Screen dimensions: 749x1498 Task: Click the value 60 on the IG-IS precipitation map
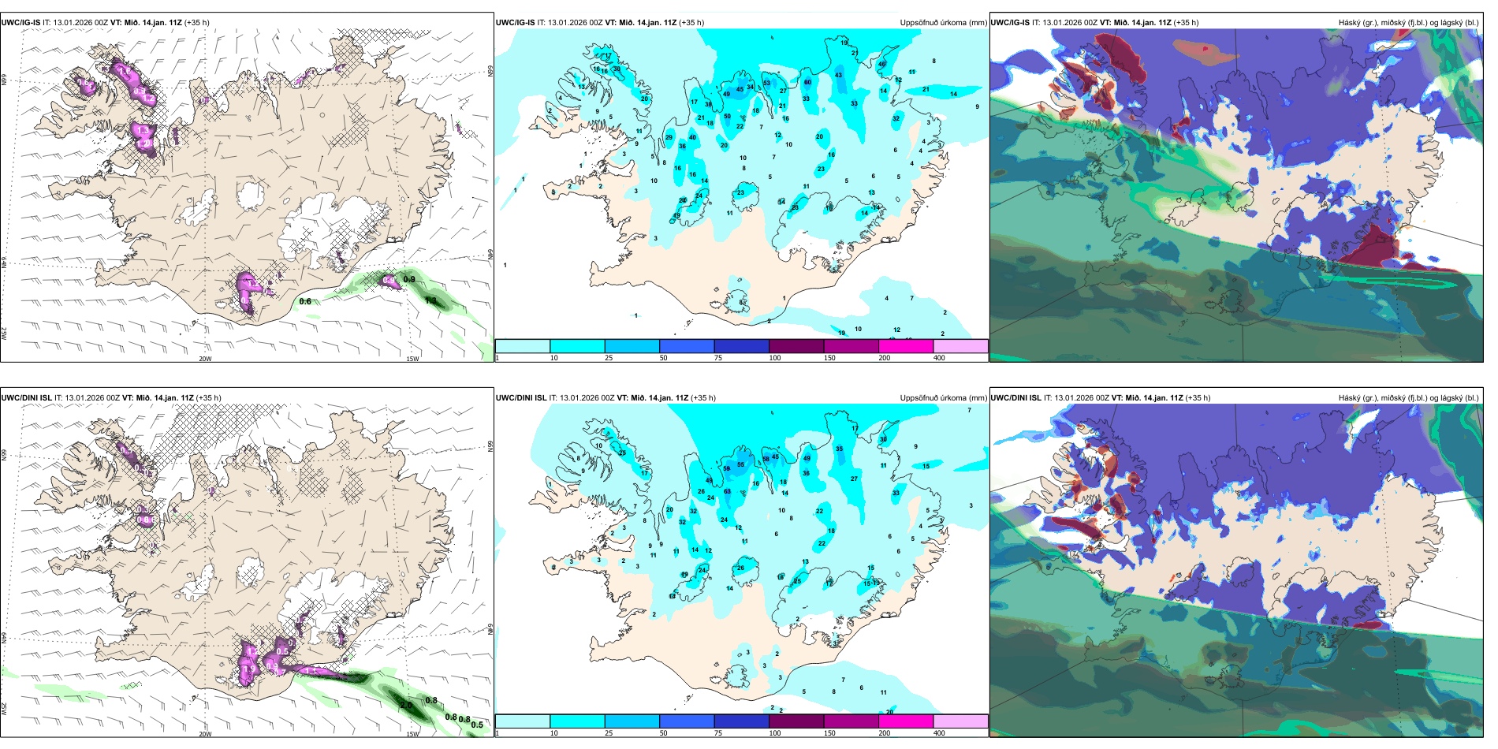pyautogui.click(x=807, y=82)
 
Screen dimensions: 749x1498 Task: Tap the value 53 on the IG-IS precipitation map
pyautogui.click(x=766, y=83)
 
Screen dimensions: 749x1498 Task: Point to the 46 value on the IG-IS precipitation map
pyautogui.click(x=882, y=64)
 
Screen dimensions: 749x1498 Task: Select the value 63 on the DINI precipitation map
pyautogui.click(x=727, y=492)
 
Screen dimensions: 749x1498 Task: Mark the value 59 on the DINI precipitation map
pyautogui.click(x=726, y=469)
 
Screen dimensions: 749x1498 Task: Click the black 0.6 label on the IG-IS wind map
pyautogui.click(x=305, y=301)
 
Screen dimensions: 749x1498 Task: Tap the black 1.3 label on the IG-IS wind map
pyautogui.click(x=430, y=300)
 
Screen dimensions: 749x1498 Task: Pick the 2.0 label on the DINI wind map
pyautogui.click(x=407, y=705)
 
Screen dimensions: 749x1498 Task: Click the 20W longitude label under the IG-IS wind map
pyautogui.click(x=205, y=359)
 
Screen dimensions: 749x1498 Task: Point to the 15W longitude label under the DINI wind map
pyautogui.click(x=412, y=734)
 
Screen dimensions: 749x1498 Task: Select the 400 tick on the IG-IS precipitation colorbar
pyautogui.click(x=939, y=358)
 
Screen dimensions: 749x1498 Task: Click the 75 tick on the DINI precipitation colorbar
pyautogui.click(x=718, y=733)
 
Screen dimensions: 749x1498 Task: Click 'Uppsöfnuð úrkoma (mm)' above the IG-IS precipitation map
pyautogui.click(x=943, y=23)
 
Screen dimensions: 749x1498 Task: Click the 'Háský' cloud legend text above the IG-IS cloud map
pyautogui.click(x=1350, y=23)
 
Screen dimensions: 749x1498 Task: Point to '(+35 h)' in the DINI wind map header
pyautogui.click(x=208, y=398)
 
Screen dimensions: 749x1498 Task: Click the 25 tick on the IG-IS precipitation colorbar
pyautogui.click(x=609, y=358)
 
